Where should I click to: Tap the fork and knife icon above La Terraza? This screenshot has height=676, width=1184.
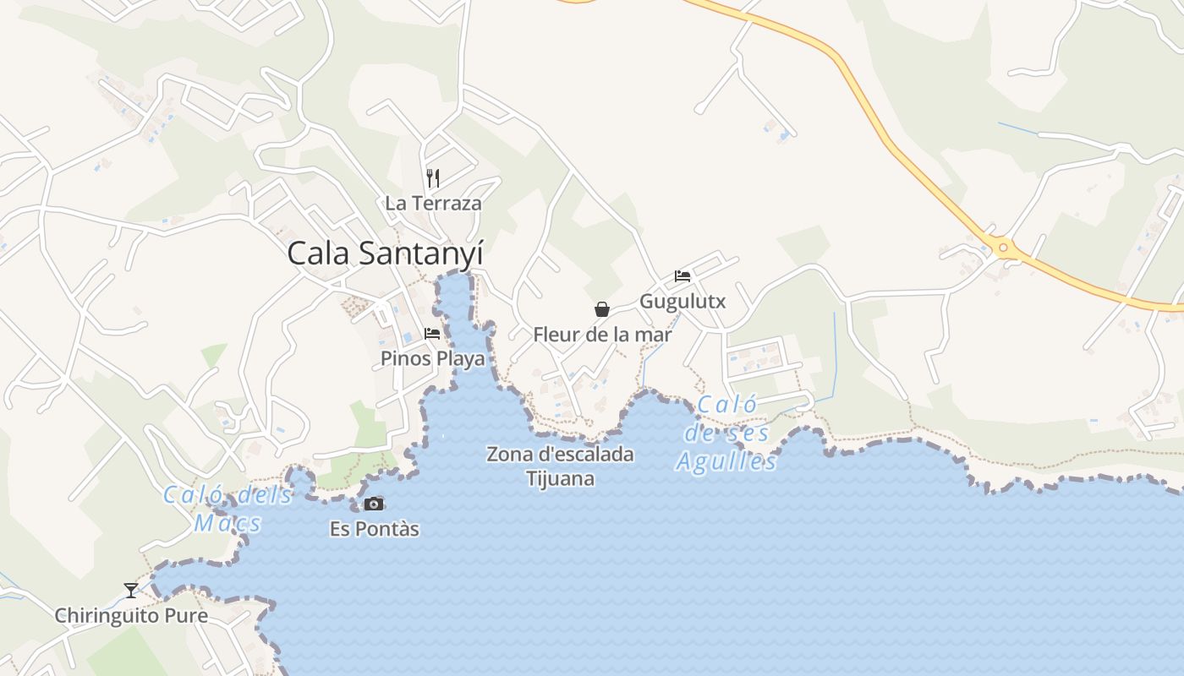click(433, 178)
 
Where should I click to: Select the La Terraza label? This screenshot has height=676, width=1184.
click(433, 203)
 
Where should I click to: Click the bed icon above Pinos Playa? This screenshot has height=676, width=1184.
click(432, 334)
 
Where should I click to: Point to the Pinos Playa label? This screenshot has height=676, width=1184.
click(433, 358)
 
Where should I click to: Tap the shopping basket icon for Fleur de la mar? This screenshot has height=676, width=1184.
click(602, 309)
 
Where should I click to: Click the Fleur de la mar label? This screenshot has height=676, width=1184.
click(602, 335)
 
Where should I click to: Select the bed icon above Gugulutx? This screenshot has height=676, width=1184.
click(682, 276)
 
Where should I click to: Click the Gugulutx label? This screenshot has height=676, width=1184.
click(682, 301)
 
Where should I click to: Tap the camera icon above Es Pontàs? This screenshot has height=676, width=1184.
click(374, 504)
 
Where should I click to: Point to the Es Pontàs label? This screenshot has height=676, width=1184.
click(374, 530)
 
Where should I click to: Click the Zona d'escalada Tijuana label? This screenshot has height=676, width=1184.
click(560, 466)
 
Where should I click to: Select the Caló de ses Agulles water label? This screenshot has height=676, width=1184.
click(726, 433)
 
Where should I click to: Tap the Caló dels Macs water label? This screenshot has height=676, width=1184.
click(227, 509)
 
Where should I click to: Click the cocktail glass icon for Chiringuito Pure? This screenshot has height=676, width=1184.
click(131, 590)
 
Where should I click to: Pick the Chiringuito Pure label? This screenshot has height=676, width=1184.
click(131, 615)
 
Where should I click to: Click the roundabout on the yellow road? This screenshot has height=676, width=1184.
click(1004, 248)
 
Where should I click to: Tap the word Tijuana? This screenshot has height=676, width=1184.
click(560, 479)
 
